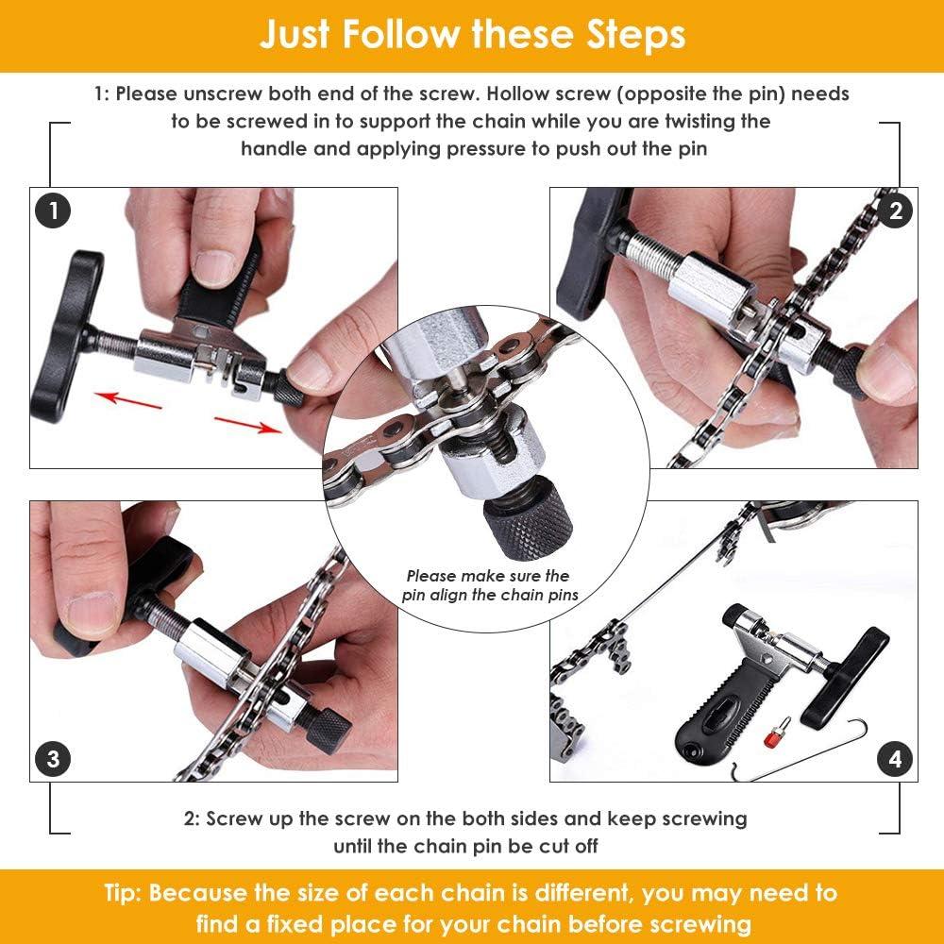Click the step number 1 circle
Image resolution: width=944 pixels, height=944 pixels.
tap(53, 211)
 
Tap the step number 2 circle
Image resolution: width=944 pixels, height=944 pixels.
tap(895, 211)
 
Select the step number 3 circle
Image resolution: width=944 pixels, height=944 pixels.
tap(53, 758)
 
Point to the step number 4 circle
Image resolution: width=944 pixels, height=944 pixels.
tap(895, 758)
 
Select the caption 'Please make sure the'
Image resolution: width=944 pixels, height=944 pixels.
tap(488, 575)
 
